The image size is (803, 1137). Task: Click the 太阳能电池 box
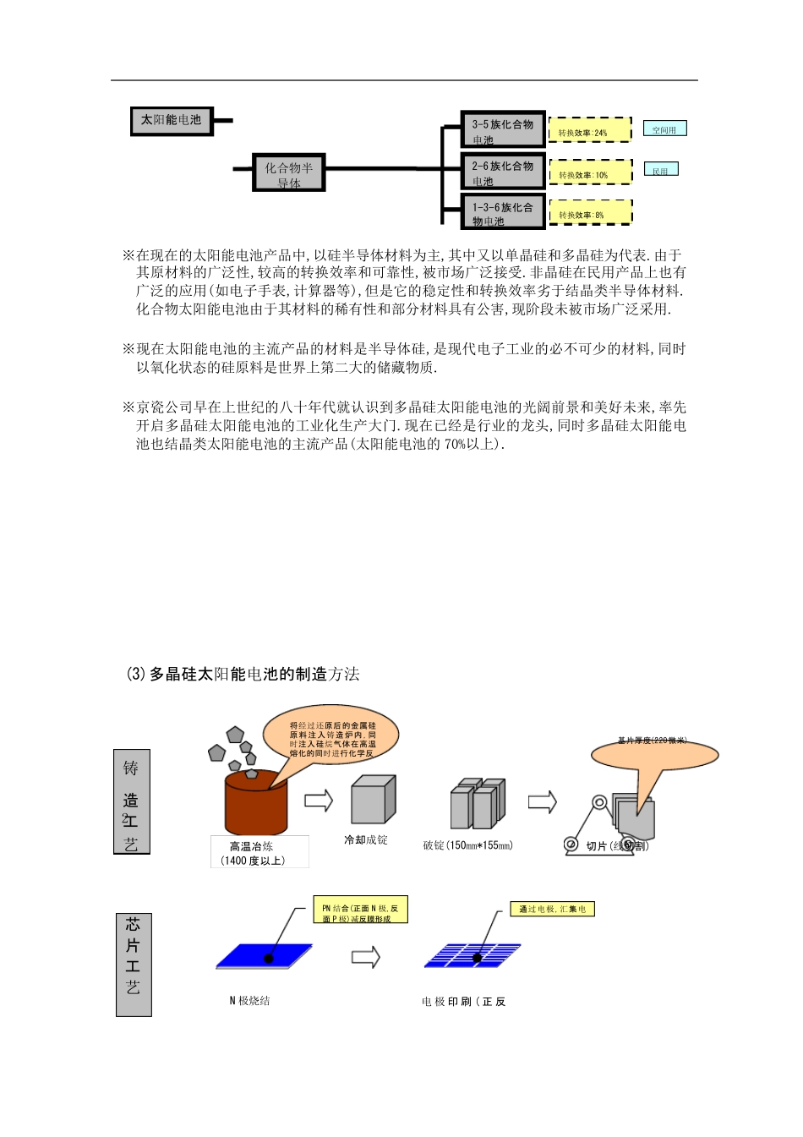[172, 121]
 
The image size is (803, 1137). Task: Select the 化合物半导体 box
[289, 172]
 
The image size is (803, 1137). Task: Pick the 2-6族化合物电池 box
[503, 171]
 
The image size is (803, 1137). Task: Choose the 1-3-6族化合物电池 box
[503, 211]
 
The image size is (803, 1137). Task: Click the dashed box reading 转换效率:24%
[590, 130]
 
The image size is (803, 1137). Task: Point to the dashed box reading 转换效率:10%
[590, 172]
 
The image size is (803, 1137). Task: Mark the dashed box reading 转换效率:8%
[590, 212]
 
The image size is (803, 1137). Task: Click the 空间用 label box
[664, 128]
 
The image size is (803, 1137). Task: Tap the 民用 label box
[660, 169]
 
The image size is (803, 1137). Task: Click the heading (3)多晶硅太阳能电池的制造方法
[243, 674]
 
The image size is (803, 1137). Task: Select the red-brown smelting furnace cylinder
[255, 803]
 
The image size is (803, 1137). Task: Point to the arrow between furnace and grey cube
[319, 800]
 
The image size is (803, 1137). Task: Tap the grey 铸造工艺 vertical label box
[131, 801]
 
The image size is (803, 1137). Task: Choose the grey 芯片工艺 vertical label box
[133, 964]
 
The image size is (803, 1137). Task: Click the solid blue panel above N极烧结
[264, 956]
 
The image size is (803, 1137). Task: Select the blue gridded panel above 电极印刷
[473, 956]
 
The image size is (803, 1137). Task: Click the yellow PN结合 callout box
[360, 910]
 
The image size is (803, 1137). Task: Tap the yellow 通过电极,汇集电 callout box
[552, 909]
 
